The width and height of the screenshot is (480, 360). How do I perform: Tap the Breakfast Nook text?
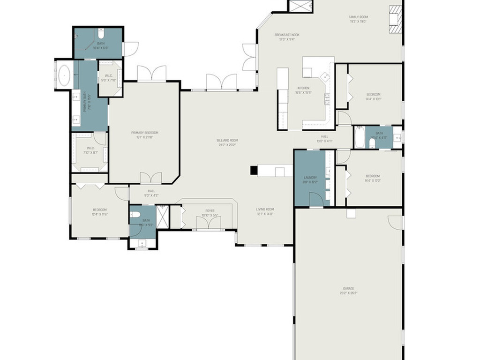286,37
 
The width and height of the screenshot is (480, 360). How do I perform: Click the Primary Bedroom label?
144,135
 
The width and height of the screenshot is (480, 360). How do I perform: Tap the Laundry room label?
310,180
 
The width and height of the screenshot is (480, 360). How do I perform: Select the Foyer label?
210,213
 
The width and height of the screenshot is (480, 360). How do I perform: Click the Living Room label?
265,211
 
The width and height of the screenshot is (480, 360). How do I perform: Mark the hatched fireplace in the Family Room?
395,19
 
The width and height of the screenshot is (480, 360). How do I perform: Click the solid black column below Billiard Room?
254,171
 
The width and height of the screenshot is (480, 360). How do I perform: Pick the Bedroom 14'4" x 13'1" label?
373,97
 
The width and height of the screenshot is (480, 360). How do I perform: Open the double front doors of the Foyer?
209,223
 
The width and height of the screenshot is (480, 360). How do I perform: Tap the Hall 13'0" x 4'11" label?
324,139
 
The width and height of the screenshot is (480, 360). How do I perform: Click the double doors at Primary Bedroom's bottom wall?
151,178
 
